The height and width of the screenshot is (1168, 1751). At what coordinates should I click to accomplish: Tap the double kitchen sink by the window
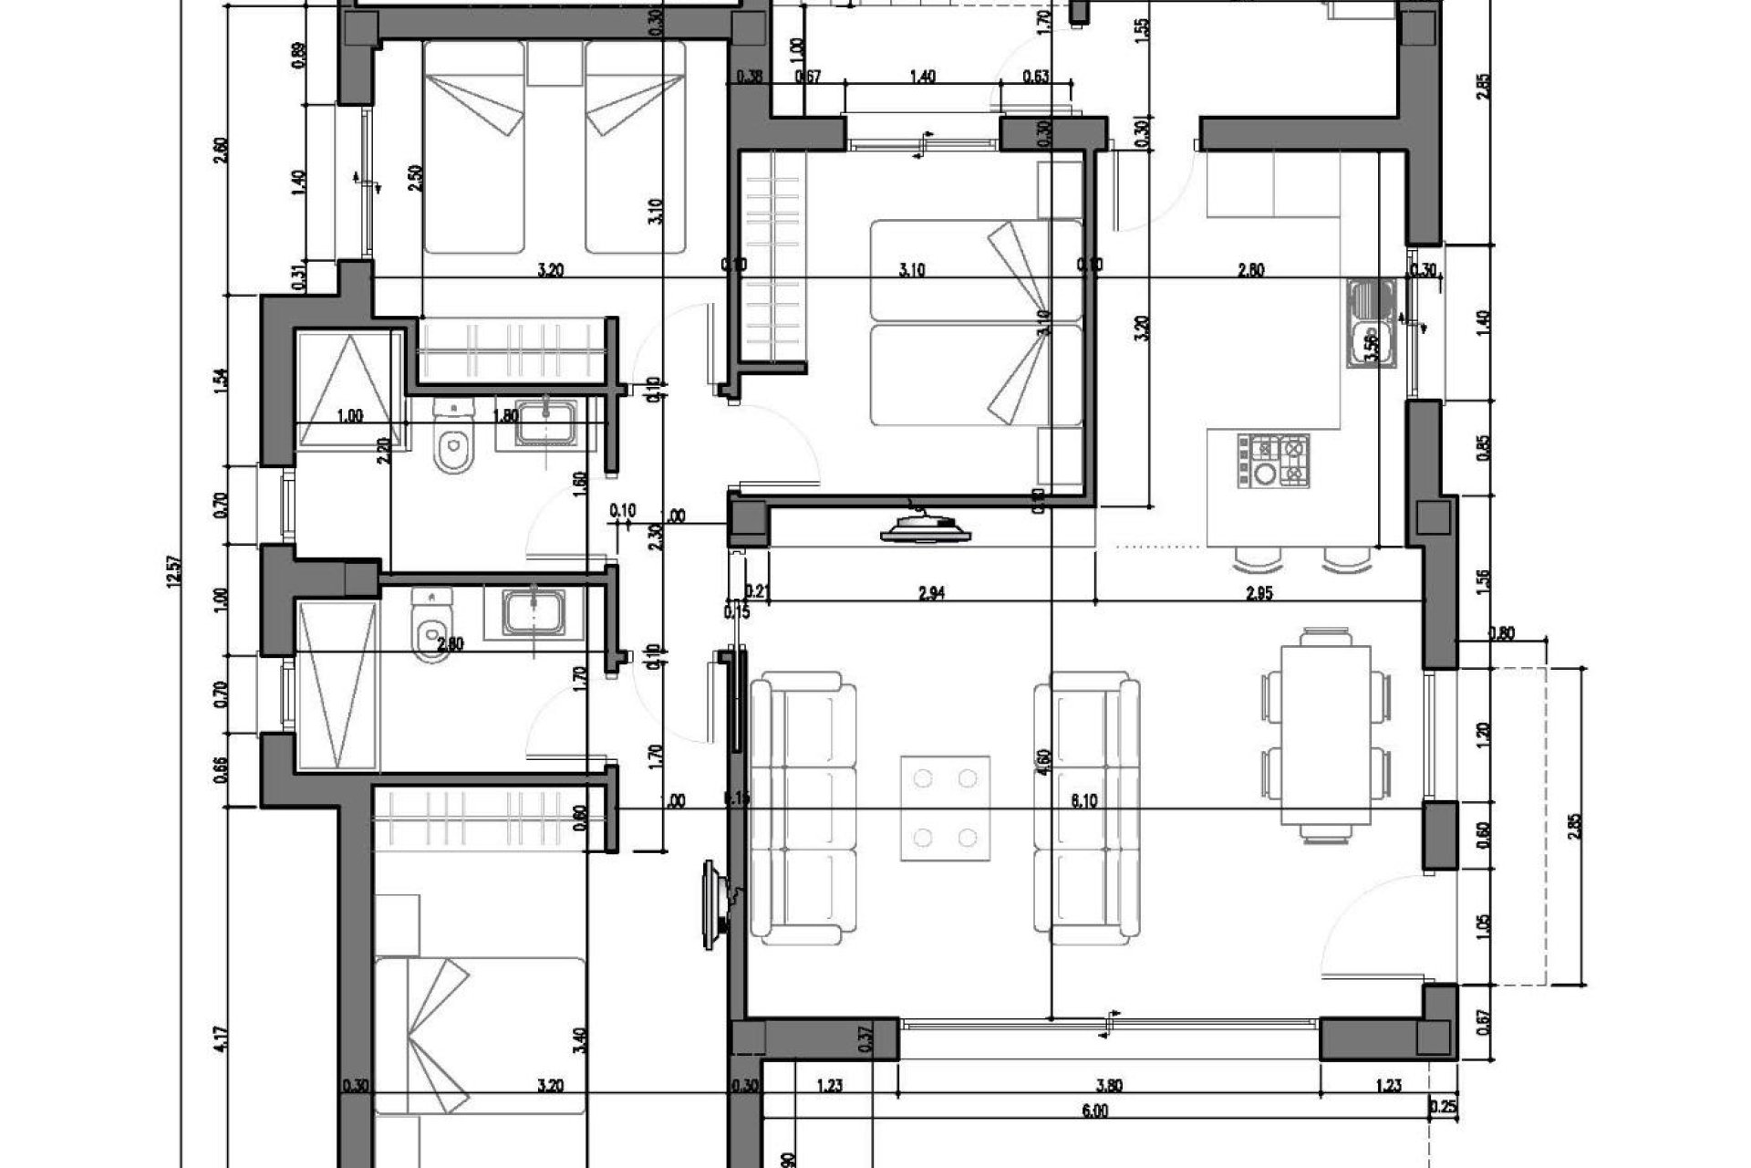1371,324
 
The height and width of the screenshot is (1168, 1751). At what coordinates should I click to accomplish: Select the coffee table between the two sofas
946,807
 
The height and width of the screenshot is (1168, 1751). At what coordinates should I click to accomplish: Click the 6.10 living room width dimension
1083,800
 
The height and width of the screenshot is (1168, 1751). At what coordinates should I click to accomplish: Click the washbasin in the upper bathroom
545,425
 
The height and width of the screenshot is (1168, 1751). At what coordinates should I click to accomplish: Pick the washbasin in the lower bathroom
534,611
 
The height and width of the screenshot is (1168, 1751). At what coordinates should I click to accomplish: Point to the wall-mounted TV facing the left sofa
718,911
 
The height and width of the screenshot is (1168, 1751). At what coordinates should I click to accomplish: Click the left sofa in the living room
803,808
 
